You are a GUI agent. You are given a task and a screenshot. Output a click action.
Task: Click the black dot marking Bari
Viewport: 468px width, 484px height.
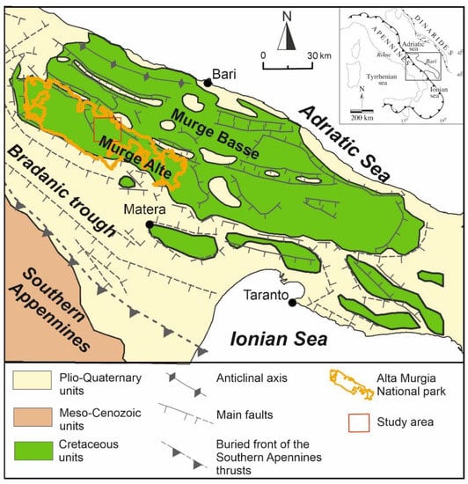click(208, 83)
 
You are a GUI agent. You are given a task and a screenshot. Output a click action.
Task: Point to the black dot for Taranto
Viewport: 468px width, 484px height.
click(292, 303)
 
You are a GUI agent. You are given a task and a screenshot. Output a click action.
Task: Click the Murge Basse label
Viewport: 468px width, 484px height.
click(216, 133)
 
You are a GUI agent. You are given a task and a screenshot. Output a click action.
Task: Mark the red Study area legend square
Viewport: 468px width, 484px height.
click(327, 422)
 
